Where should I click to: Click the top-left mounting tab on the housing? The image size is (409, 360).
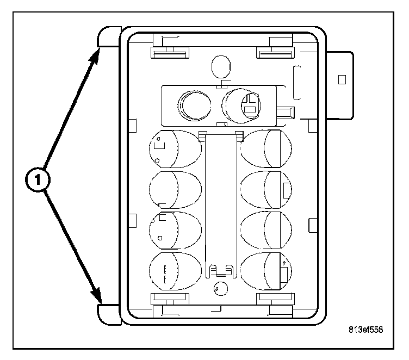tap(107, 37)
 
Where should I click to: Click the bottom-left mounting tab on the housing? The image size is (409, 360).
tap(107, 315)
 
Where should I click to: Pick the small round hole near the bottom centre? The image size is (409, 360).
tap(220, 289)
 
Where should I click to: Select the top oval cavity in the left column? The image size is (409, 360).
tap(175, 149)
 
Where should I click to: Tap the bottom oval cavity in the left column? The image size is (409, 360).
tap(175, 271)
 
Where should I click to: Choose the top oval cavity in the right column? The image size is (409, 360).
tap(266, 148)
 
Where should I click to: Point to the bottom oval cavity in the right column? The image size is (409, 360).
tap(266, 271)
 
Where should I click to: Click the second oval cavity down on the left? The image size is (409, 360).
tap(175, 190)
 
